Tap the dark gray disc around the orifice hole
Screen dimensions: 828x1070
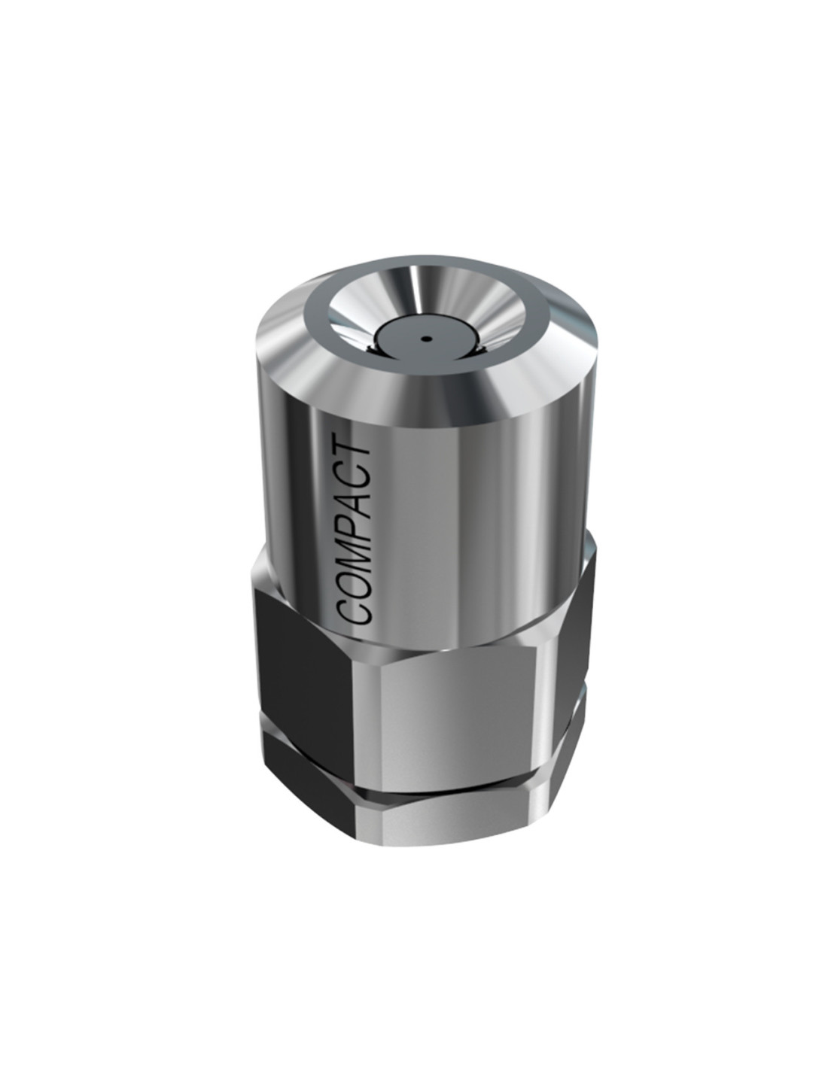click(x=425, y=338)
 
